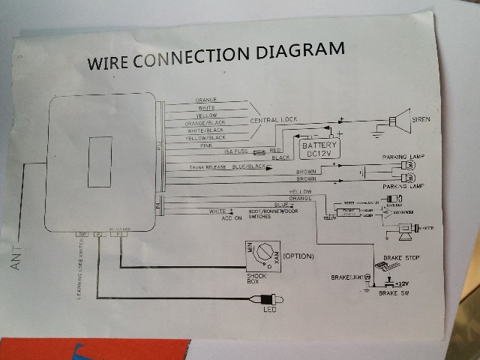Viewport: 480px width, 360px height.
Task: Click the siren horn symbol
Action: tap(399, 119)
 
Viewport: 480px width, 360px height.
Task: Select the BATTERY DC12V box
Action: tap(316, 148)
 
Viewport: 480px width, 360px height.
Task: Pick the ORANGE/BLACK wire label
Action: tap(205, 122)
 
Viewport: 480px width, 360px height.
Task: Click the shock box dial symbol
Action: tap(263, 256)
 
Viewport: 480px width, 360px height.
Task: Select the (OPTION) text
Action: tap(298, 256)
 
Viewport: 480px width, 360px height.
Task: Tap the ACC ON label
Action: tap(231, 217)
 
